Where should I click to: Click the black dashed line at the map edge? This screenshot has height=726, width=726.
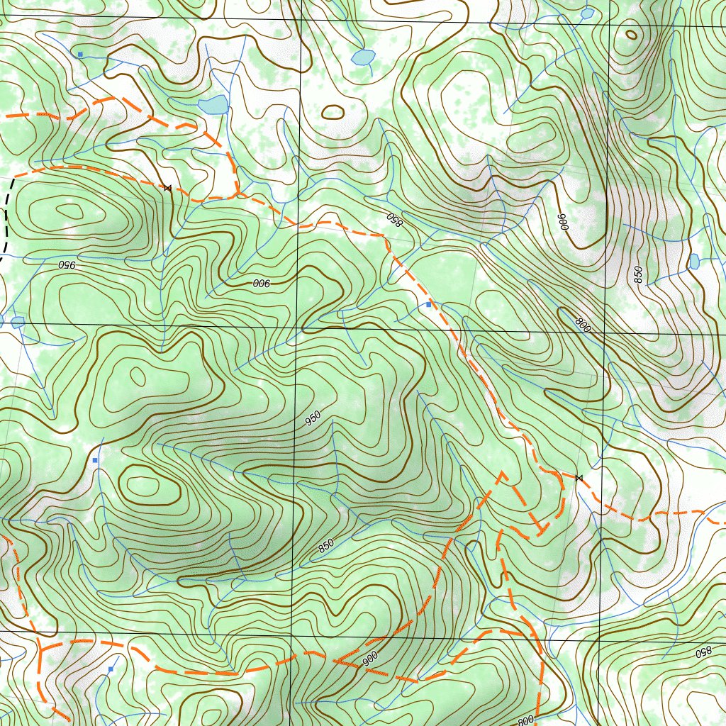click(x=6, y=213)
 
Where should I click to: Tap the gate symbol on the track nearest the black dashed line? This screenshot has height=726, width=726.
click(x=167, y=188)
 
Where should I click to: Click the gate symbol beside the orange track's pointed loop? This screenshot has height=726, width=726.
click(x=579, y=479)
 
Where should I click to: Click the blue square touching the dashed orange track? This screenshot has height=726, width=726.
click(x=428, y=304)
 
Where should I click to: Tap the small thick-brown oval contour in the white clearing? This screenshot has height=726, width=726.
click(x=333, y=112)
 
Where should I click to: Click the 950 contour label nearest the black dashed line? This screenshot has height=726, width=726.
click(x=65, y=265)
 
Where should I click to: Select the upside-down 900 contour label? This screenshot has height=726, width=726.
click(x=262, y=283)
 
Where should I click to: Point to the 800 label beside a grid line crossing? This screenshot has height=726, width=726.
click(x=582, y=324)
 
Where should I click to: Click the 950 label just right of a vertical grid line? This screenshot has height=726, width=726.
click(x=313, y=418)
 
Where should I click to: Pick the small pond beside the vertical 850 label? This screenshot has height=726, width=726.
click(x=694, y=262)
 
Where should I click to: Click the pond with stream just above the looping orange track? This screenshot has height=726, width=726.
click(x=213, y=106)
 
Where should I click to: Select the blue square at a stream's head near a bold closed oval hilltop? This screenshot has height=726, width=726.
click(x=94, y=461)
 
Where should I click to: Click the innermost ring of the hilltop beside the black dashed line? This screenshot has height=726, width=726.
click(x=69, y=210)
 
